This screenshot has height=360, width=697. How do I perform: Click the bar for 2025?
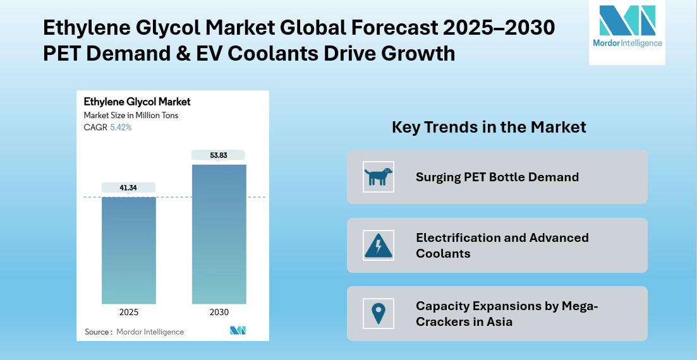click(x=128, y=250)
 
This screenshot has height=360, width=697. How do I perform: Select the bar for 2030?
click(x=219, y=234)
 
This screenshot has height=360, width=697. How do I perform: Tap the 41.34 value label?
click(x=128, y=188)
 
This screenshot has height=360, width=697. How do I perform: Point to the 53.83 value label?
click(x=219, y=155)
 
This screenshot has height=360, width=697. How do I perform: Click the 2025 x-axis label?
click(x=128, y=312)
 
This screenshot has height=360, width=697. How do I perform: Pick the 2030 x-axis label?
click(x=219, y=312)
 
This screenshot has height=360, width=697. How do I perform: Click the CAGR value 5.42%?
click(x=121, y=127)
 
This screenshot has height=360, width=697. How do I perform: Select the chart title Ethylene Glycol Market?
click(x=137, y=102)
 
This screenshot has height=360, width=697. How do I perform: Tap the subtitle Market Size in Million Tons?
click(x=131, y=115)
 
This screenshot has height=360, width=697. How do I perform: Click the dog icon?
click(x=379, y=177)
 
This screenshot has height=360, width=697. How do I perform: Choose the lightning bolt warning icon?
click(x=379, y=245)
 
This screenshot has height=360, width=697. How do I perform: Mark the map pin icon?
click(x=379, y=313)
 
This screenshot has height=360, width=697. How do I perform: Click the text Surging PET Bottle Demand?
click(x=497, y=177)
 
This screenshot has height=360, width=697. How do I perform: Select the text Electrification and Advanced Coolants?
click(x=502, y=245)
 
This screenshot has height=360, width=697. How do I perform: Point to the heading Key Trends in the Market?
click(x=489, y=127)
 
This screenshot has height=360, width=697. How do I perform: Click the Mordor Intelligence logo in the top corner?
click(x=627, y=28)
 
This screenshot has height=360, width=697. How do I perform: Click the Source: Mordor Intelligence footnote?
click(x=135, y=332)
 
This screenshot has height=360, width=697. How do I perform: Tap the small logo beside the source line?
click(x=238, y=330)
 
